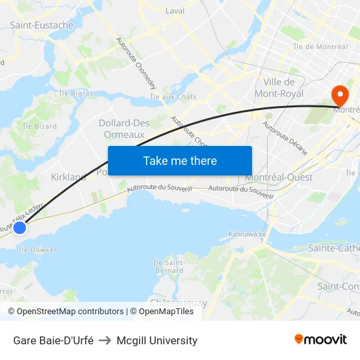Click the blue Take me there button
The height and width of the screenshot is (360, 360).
180,160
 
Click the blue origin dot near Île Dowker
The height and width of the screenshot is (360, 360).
20,228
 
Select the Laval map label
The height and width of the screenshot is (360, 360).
175,11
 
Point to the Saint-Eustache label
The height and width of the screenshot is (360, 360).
41,26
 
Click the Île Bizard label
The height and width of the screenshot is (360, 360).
40,126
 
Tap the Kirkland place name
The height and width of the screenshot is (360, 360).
69,177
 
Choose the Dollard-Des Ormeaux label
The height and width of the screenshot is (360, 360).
124,129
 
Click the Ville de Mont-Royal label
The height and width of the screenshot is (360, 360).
279,88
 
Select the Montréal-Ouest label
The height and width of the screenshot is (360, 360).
279,177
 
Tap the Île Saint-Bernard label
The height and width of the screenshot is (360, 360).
168,266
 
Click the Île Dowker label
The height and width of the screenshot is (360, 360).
37,249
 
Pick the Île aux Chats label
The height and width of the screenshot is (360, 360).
173,97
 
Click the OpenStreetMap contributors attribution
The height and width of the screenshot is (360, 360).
70,312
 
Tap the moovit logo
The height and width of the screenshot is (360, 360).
321,339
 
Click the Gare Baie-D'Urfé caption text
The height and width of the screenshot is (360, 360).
53,340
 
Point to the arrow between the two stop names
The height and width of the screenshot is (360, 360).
105,340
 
